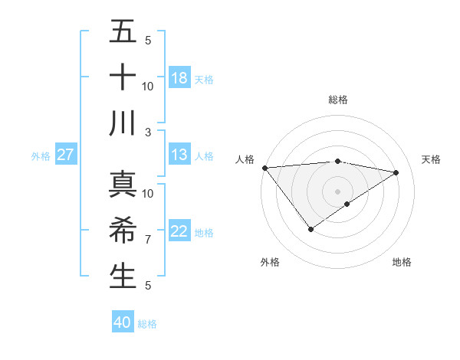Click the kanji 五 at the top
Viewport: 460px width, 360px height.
[123, 33]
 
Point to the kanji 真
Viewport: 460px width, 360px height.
[123, 185]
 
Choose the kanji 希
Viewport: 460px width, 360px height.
[123, 231]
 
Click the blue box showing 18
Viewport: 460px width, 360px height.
[179, 78]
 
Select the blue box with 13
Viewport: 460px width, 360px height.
[179, 155]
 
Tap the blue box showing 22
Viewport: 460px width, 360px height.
[179, 231]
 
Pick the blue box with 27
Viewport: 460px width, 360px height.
[66, 155]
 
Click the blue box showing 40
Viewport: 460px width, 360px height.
[123, 322]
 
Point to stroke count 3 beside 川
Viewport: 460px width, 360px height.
[149, 132]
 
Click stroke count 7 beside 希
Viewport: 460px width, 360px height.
[148, 240]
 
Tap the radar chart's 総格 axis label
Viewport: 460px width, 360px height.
[337, 100]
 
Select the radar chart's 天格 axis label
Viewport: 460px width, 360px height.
[432, 159]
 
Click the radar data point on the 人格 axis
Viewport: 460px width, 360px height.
[264, 168]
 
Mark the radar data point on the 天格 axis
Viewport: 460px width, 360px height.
[396, 172]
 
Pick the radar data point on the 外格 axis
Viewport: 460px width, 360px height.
[310, 229]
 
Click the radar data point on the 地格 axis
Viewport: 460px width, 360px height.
[348, 204]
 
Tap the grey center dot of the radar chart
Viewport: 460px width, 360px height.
[337, 191]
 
